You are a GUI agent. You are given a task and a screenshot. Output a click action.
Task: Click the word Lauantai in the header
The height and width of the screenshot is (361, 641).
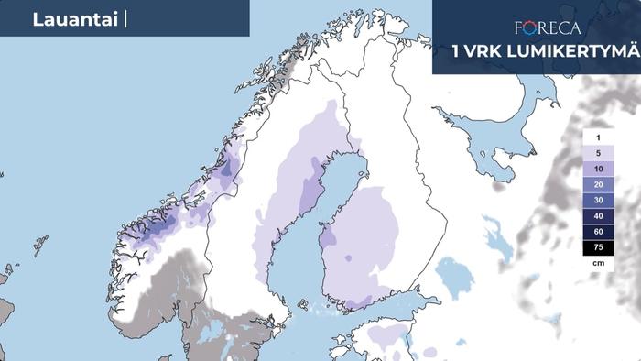pos(73,19)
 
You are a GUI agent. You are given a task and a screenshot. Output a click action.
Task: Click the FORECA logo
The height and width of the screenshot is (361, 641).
pos(548,28)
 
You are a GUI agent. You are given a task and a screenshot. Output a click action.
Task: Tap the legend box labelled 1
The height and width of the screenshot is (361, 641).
pos(598,137)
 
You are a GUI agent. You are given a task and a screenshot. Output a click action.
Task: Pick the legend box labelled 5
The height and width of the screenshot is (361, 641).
pos(598,153)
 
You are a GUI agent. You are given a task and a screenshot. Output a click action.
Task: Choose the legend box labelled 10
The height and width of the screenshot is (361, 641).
pos(598,170)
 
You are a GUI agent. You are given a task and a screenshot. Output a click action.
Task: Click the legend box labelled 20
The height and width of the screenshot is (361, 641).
pos(598,185)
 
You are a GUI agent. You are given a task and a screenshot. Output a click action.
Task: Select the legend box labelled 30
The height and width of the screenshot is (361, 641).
pos(598,201)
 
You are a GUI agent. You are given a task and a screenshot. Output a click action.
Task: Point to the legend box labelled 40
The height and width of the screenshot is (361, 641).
pos(598,217)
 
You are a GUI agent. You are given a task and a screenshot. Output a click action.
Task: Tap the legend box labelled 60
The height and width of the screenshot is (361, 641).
pos(598,233)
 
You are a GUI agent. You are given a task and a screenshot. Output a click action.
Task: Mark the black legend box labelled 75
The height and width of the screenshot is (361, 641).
pos(598,248)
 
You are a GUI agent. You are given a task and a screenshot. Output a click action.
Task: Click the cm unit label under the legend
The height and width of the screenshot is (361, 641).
pos(598,264)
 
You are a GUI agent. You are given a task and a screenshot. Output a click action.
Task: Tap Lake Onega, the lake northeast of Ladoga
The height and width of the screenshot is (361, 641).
pos(497,240)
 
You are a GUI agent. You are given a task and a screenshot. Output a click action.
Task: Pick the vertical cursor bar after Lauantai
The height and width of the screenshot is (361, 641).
pos(124,19)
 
